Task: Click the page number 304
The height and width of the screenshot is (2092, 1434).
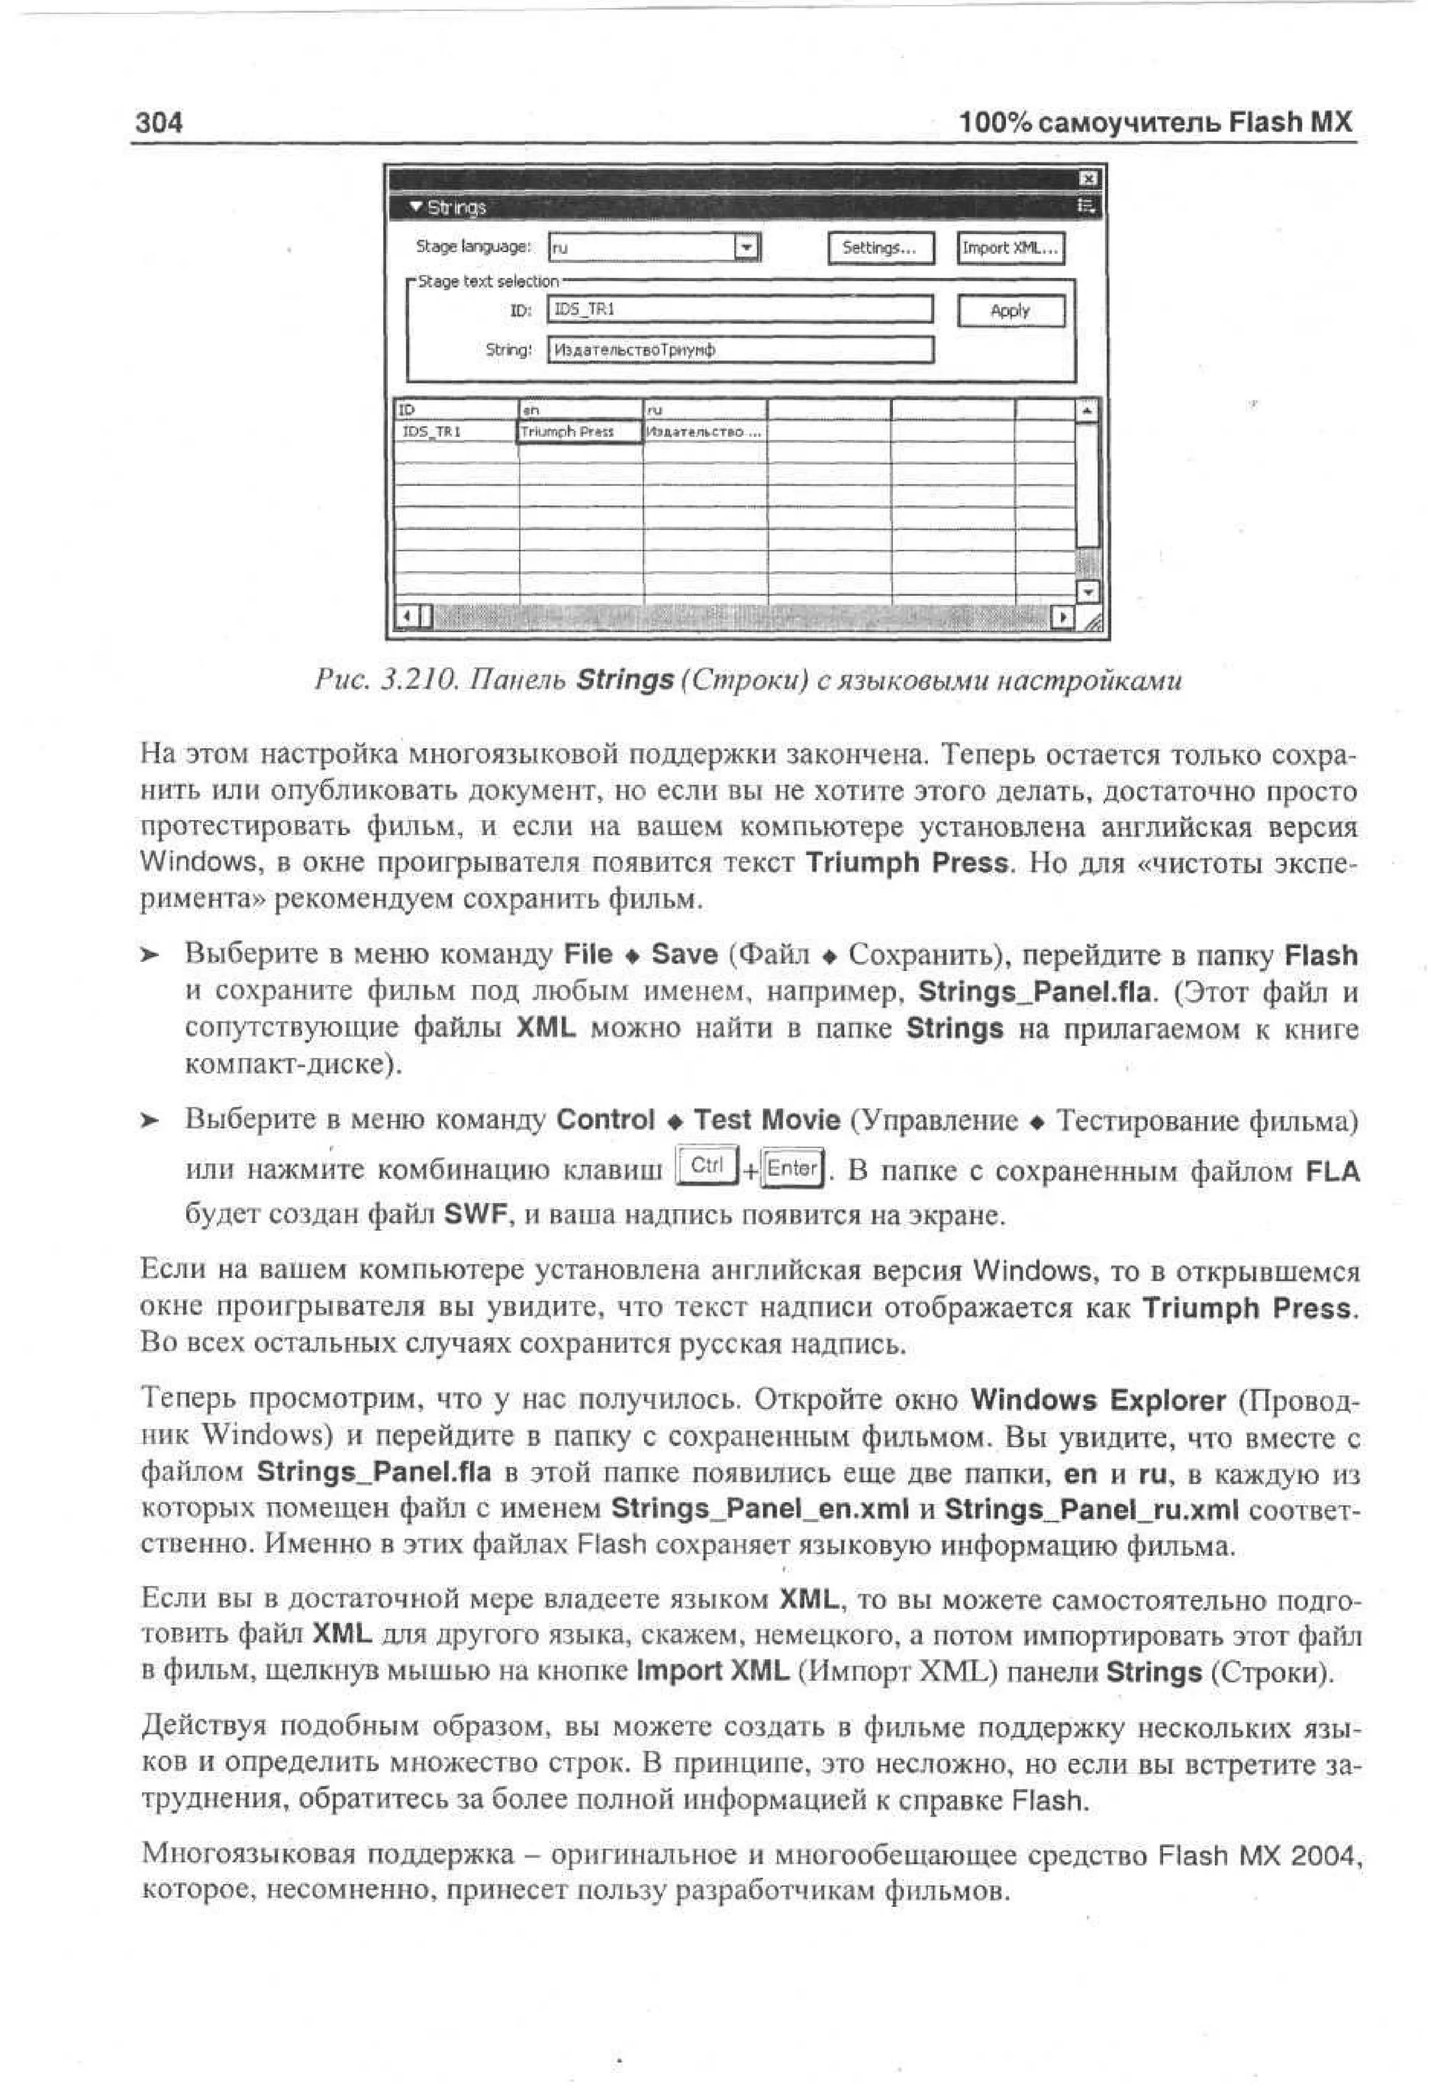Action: pos(158,122)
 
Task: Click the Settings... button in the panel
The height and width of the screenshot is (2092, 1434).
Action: pos(879,248)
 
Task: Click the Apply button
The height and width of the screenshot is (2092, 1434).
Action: pos(1010,311)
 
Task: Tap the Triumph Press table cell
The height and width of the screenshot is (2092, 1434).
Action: pos(579,432)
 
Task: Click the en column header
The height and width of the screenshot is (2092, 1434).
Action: pos(579,410)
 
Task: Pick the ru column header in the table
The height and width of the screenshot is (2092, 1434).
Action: pos(704,410)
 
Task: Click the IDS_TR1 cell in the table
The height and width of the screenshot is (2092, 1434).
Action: pos(456,432)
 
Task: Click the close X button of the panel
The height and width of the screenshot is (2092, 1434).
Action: pos(1087,179)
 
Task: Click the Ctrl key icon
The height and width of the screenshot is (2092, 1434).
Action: pos(706,1165)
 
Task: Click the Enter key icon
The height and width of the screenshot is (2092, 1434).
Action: pos(792,1169)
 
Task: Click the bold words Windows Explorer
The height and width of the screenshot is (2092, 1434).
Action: pos(1097,1401)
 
